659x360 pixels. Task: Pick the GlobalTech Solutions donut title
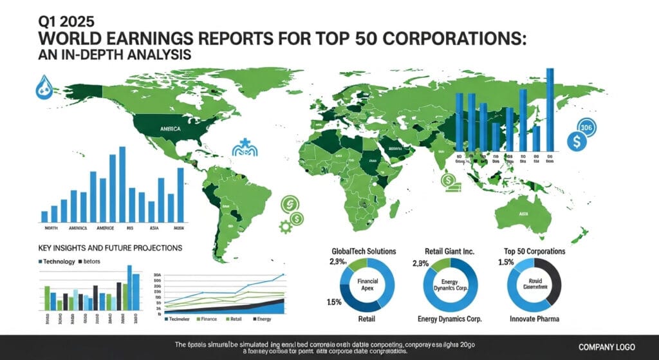tap(363, 251)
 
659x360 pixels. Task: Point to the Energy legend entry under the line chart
tap(264, 319)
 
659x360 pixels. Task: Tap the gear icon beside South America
tap(284, 226)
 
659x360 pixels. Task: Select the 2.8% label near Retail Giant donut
tap(419, 263)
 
